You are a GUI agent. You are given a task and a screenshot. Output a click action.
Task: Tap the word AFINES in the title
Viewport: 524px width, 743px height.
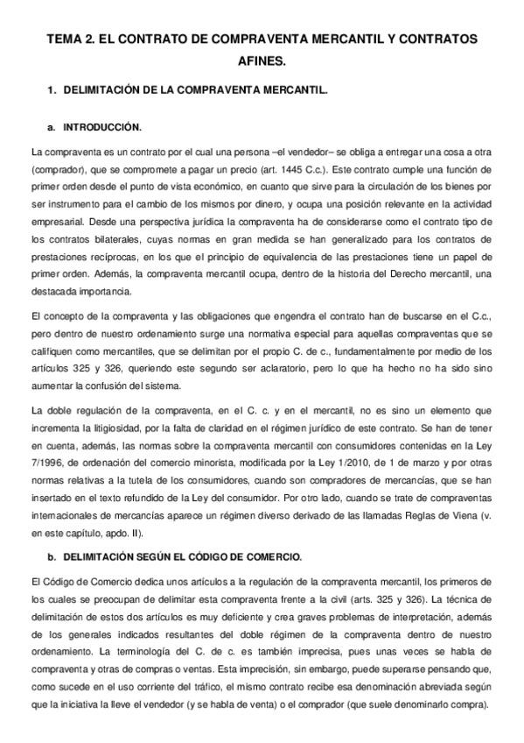click(262, 63)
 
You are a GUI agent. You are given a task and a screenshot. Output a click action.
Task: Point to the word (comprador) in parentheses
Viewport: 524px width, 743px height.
click(59, 167)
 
